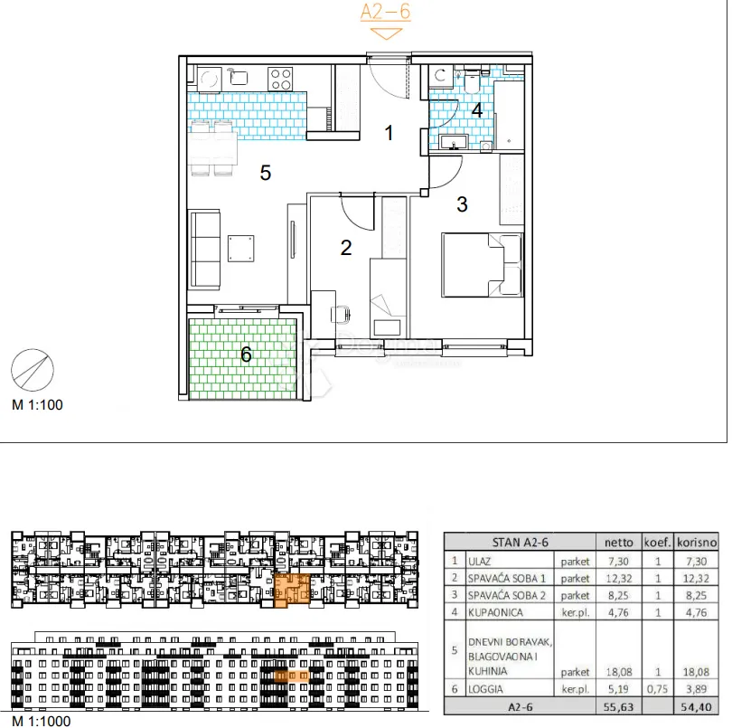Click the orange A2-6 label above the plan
386,11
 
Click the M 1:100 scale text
37,404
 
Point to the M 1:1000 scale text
41,721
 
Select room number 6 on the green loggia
246,355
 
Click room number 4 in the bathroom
476,110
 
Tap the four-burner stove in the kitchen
280,79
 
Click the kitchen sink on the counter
238,77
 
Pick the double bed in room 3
482,265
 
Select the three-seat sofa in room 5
204,250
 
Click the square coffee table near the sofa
241,248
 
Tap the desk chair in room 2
341,314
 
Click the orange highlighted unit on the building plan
291,591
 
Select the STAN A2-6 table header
520,543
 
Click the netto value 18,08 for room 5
618,672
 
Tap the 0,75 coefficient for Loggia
657,689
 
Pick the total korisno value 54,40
696,707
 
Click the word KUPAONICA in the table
495,612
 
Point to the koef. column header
657,543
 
